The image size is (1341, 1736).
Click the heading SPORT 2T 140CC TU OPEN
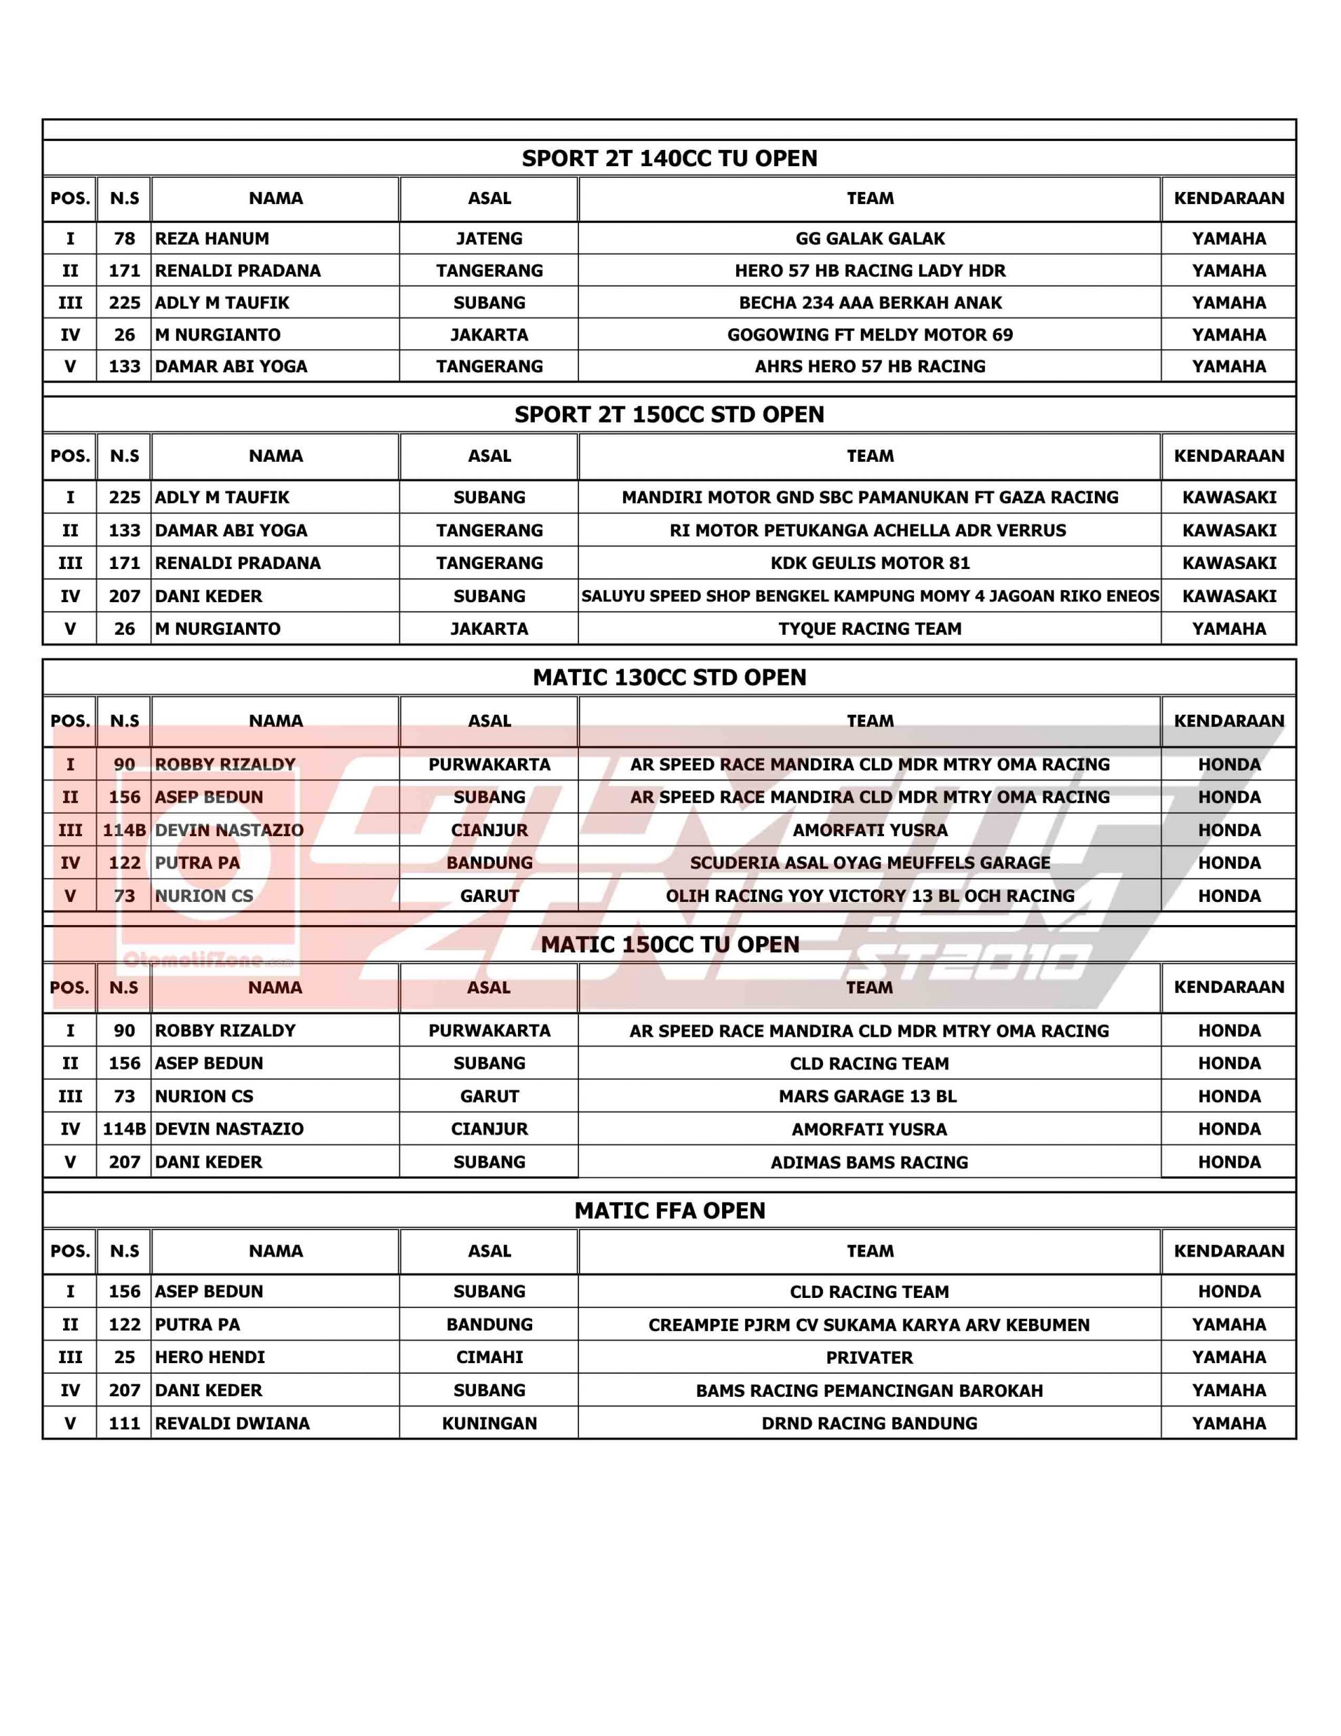point(669,158)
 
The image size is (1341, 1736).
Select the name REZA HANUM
point(212,239)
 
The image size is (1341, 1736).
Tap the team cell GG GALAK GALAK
point(870,239)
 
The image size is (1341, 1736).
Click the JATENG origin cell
point(489,239)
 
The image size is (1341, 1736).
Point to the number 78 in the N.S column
point(124,239)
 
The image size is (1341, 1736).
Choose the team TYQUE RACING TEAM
point(870,629)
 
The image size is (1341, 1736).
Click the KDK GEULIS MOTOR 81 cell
point(870,563)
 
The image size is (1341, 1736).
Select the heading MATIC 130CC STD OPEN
point(669,677)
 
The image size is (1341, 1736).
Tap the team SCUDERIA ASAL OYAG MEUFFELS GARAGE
point(870,863)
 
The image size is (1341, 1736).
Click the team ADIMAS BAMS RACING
point(870,1162)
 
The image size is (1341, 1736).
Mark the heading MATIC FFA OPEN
point(669,1210)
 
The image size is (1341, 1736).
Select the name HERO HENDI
point(210,1357)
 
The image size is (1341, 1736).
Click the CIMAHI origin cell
point(489,1357)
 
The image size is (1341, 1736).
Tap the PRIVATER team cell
point(870,1358)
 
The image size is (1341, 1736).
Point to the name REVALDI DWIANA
point(232,1423)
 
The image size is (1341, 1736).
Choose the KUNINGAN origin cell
point(489,1423)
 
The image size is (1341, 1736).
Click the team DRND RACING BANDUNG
point(870,1423)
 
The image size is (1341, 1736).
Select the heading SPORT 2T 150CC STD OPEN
point(669,414)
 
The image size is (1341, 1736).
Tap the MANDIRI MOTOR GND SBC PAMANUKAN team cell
point(870,498)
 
